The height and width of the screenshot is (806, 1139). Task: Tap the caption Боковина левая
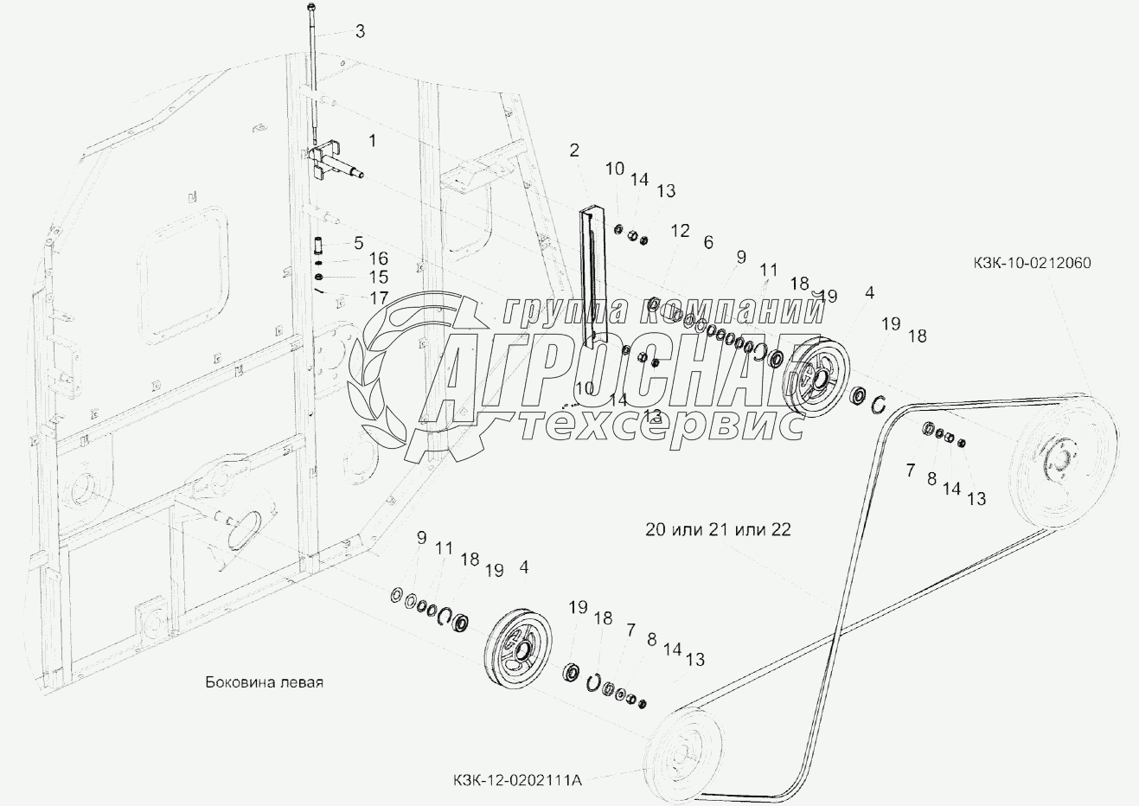[264, 682]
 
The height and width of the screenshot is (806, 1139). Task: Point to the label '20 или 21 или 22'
[717, 529]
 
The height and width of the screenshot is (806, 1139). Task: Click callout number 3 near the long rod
[360, 32]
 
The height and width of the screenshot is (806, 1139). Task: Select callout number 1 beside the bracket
[372, 138]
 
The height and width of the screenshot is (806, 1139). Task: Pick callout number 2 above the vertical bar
[573, 150]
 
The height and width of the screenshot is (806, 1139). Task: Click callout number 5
[358, 242]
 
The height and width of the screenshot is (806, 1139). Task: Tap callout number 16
[378, 259]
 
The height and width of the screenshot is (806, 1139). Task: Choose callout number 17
[378, 297]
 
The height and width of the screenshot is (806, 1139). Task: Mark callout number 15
[378, 278]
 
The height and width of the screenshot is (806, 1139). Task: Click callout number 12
[680, 231]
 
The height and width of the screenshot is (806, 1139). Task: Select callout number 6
[708, 243]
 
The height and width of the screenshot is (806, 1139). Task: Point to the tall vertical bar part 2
[593, 277]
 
